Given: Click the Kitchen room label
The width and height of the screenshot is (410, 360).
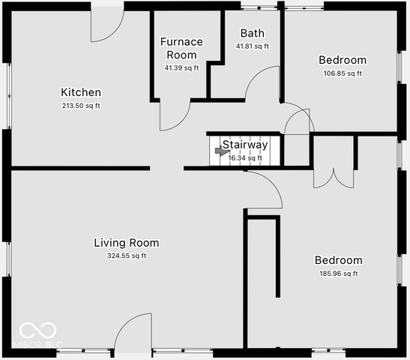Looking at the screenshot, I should pos(81,92).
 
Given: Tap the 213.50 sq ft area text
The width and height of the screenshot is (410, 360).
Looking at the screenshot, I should pos(81,106).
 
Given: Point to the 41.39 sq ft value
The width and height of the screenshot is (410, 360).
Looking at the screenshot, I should pos(181,68).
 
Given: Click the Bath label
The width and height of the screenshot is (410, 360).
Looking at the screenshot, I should pos(253,33).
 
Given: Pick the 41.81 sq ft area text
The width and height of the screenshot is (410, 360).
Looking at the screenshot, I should pos(253,46).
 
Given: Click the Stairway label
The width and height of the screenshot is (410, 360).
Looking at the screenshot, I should pos(245,145).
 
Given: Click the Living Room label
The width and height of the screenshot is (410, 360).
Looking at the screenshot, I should pos(126,242).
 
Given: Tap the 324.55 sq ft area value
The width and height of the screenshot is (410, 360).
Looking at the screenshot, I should pos(126,256).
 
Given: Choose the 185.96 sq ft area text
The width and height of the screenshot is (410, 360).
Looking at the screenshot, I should pos(338,274).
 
